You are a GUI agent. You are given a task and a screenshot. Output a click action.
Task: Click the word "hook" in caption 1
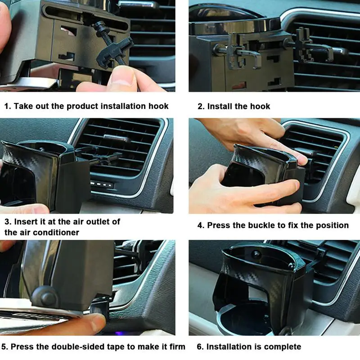[x=158, y=106]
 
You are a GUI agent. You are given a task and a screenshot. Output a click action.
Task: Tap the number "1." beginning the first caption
[x=8, y=106]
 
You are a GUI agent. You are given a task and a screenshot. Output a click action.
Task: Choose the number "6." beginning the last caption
[x=200, y=346]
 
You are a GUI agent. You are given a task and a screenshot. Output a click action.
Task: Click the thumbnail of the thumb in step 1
[x=122, y=76]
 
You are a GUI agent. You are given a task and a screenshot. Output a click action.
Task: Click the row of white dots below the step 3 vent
[x=101, y=184]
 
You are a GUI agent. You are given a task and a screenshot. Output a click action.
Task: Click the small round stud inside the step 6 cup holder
[x=256, y=254]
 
